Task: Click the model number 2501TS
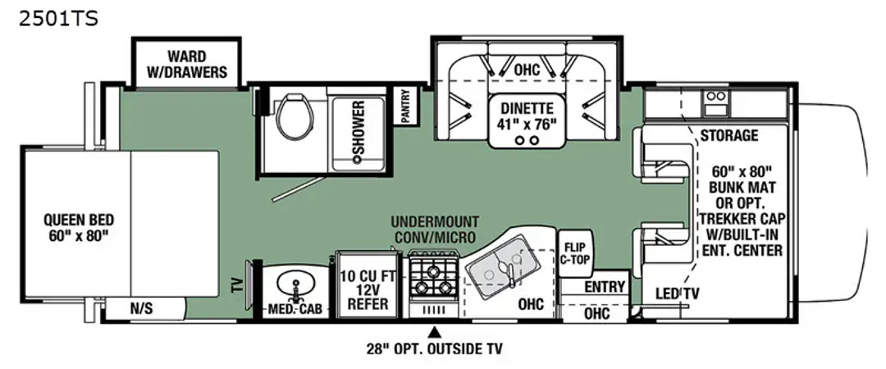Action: (x=58, y=19)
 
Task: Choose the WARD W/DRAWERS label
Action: (x=186, y=65)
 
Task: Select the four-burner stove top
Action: (x=433, y=275)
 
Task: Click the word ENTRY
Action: (x=605, y=287)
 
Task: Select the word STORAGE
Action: (x=729, y=135)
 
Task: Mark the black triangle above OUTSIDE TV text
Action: (x=435, y=330)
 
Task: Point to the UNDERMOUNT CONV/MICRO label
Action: (x=435, y=229)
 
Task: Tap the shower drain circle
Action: (x=357, y=160)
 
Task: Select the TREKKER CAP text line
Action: (x=741, y=218)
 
